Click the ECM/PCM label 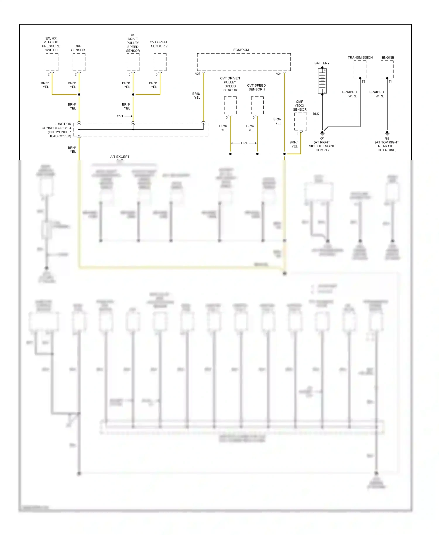point(241,50)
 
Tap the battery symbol point(322,81)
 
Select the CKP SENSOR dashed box point(79,62)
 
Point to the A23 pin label point(198,74)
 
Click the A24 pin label point(278,74)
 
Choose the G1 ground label point(322,138)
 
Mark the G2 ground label point(387,138)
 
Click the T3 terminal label point(363,82)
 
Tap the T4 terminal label point(390,82)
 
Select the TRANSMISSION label point(360,58)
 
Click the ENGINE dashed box point(387,69)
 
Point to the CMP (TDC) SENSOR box point(301,121)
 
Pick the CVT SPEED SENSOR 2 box point(160,62)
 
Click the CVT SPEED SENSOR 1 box point(257,105)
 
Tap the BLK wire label point(316,114)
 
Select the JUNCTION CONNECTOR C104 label point(57,130)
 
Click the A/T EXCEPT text point(120,157)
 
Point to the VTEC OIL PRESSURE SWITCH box point(52,62)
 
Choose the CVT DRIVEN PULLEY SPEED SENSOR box point(230,105)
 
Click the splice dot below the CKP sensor point(79,95)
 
